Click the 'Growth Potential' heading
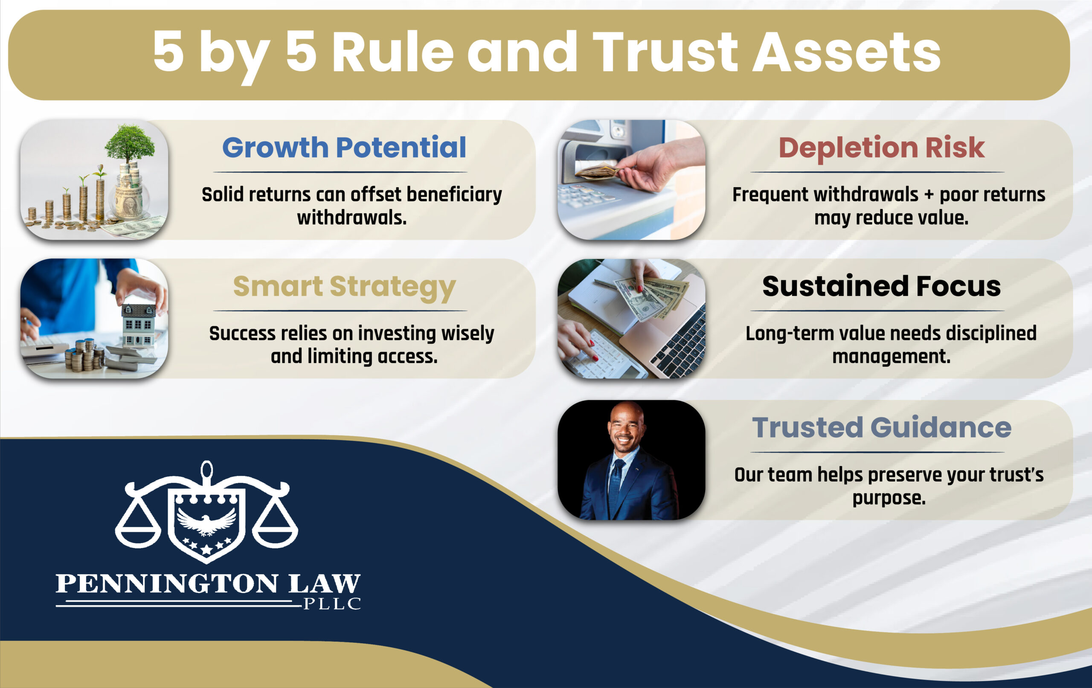(x=344, y=148)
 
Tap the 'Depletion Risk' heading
(x=881, y=148)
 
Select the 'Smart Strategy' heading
(x=344, y=287)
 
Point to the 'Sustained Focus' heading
(x=881, y=287)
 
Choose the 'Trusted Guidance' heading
(x=881, y=428)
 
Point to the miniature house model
(x=138, y=324)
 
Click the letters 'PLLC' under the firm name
(x=332, y=604)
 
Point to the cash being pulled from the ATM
(x=598, y=171)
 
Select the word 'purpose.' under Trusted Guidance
(x=889, y=498)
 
